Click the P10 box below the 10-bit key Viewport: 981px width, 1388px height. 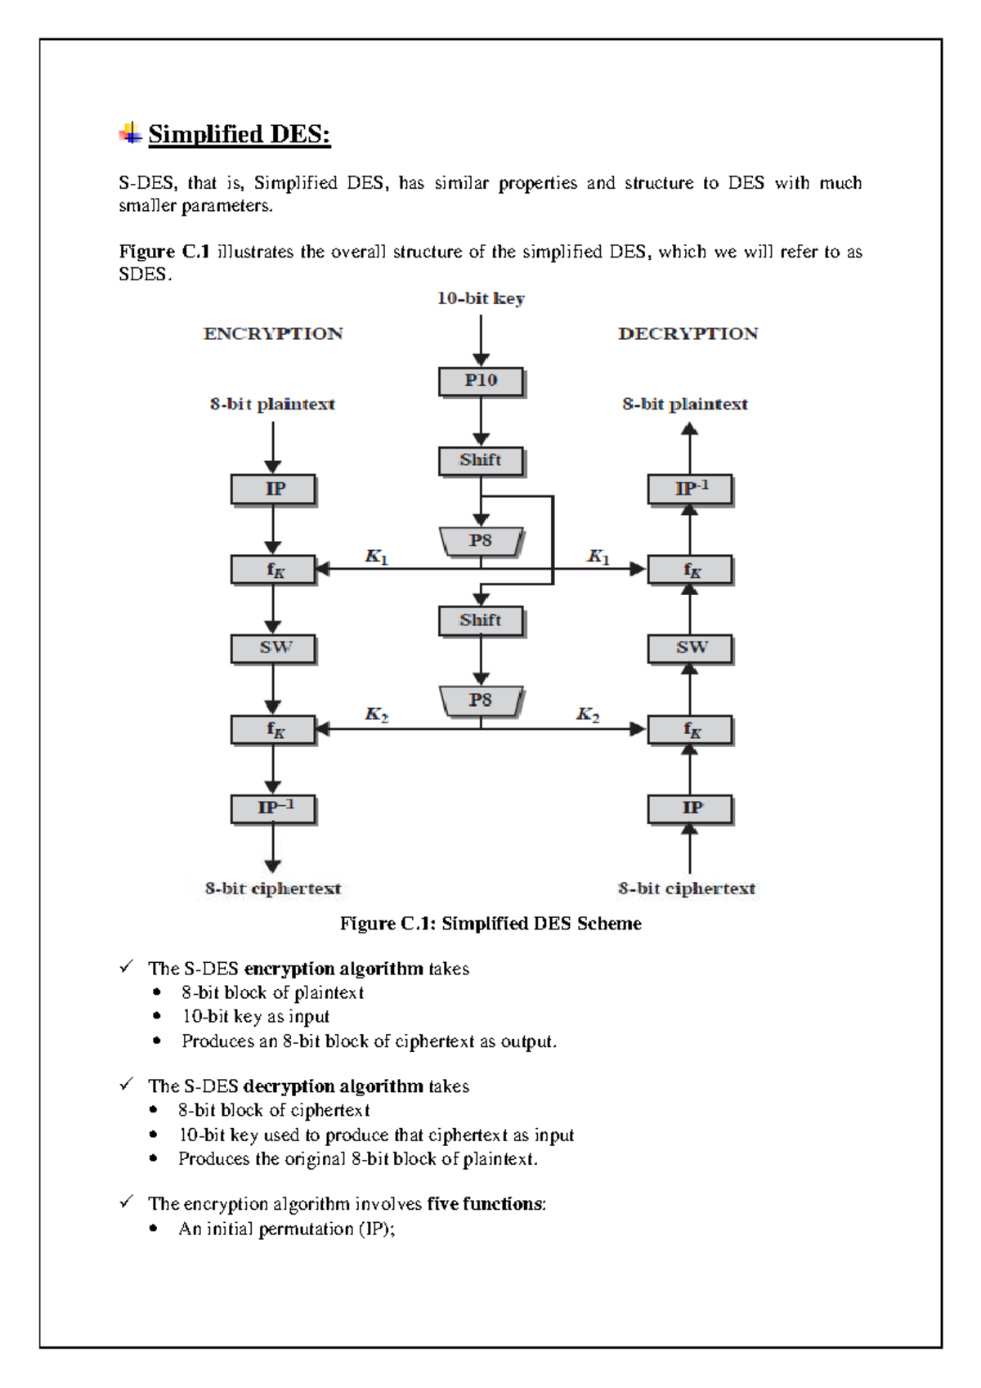click(481, 381)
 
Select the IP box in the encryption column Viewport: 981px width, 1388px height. click(273, 489)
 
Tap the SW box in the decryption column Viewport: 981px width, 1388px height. click(690, 647)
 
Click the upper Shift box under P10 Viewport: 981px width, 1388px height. click(481, 460)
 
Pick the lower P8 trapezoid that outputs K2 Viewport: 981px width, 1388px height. click(481, 701)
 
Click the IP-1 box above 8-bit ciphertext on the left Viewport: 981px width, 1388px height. click(273, 808)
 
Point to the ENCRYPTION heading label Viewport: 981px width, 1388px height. click(273, 334)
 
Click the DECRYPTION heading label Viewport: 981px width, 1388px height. click(688, 334)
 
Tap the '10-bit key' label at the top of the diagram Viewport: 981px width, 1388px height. click(481, 298)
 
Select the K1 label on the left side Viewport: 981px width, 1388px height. click(376, 557)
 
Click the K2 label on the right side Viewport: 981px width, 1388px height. click(588, 714)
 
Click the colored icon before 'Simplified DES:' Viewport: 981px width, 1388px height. click(130, 133)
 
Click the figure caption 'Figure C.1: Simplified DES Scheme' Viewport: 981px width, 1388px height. click(490, 924)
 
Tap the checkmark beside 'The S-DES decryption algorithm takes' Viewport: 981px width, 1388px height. click(126, 1085)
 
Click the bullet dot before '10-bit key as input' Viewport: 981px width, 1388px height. click(155, 1016)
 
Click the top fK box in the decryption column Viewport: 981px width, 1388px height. click(690, 570)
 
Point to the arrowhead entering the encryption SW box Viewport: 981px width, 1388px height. click(273, 628)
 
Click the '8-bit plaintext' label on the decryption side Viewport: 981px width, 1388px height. click(685, 404)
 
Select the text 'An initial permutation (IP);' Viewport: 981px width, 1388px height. click(287, 1229)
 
